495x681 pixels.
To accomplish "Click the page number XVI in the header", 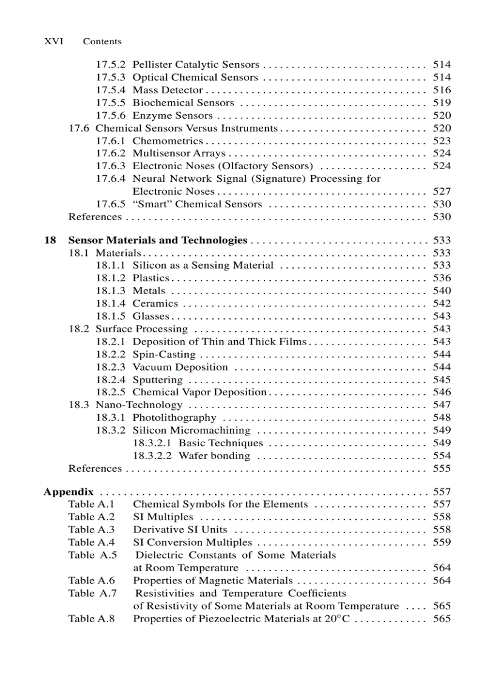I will tap(54, 41).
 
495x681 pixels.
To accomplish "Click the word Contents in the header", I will tap(102, 41).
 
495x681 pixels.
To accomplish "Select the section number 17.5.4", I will tap(110, 90).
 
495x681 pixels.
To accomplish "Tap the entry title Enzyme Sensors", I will tap(172, 115).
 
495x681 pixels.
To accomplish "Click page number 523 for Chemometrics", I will tap(442, 141).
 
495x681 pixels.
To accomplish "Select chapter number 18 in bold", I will tap(50, 240).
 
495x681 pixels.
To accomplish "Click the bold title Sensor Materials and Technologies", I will tap(158, 240).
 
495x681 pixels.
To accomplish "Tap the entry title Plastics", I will tap(150, 278).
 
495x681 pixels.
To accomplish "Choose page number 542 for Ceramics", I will tap(442, 303).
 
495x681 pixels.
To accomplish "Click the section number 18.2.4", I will tap(110, 380).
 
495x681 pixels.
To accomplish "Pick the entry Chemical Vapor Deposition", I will tap(200, 392).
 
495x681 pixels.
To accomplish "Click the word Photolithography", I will tap(174, 418).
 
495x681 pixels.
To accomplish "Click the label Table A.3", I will tap(91, 529).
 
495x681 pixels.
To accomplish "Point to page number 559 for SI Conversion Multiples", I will tap(442, 542).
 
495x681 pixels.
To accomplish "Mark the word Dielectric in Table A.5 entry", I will tap(159, 555).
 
